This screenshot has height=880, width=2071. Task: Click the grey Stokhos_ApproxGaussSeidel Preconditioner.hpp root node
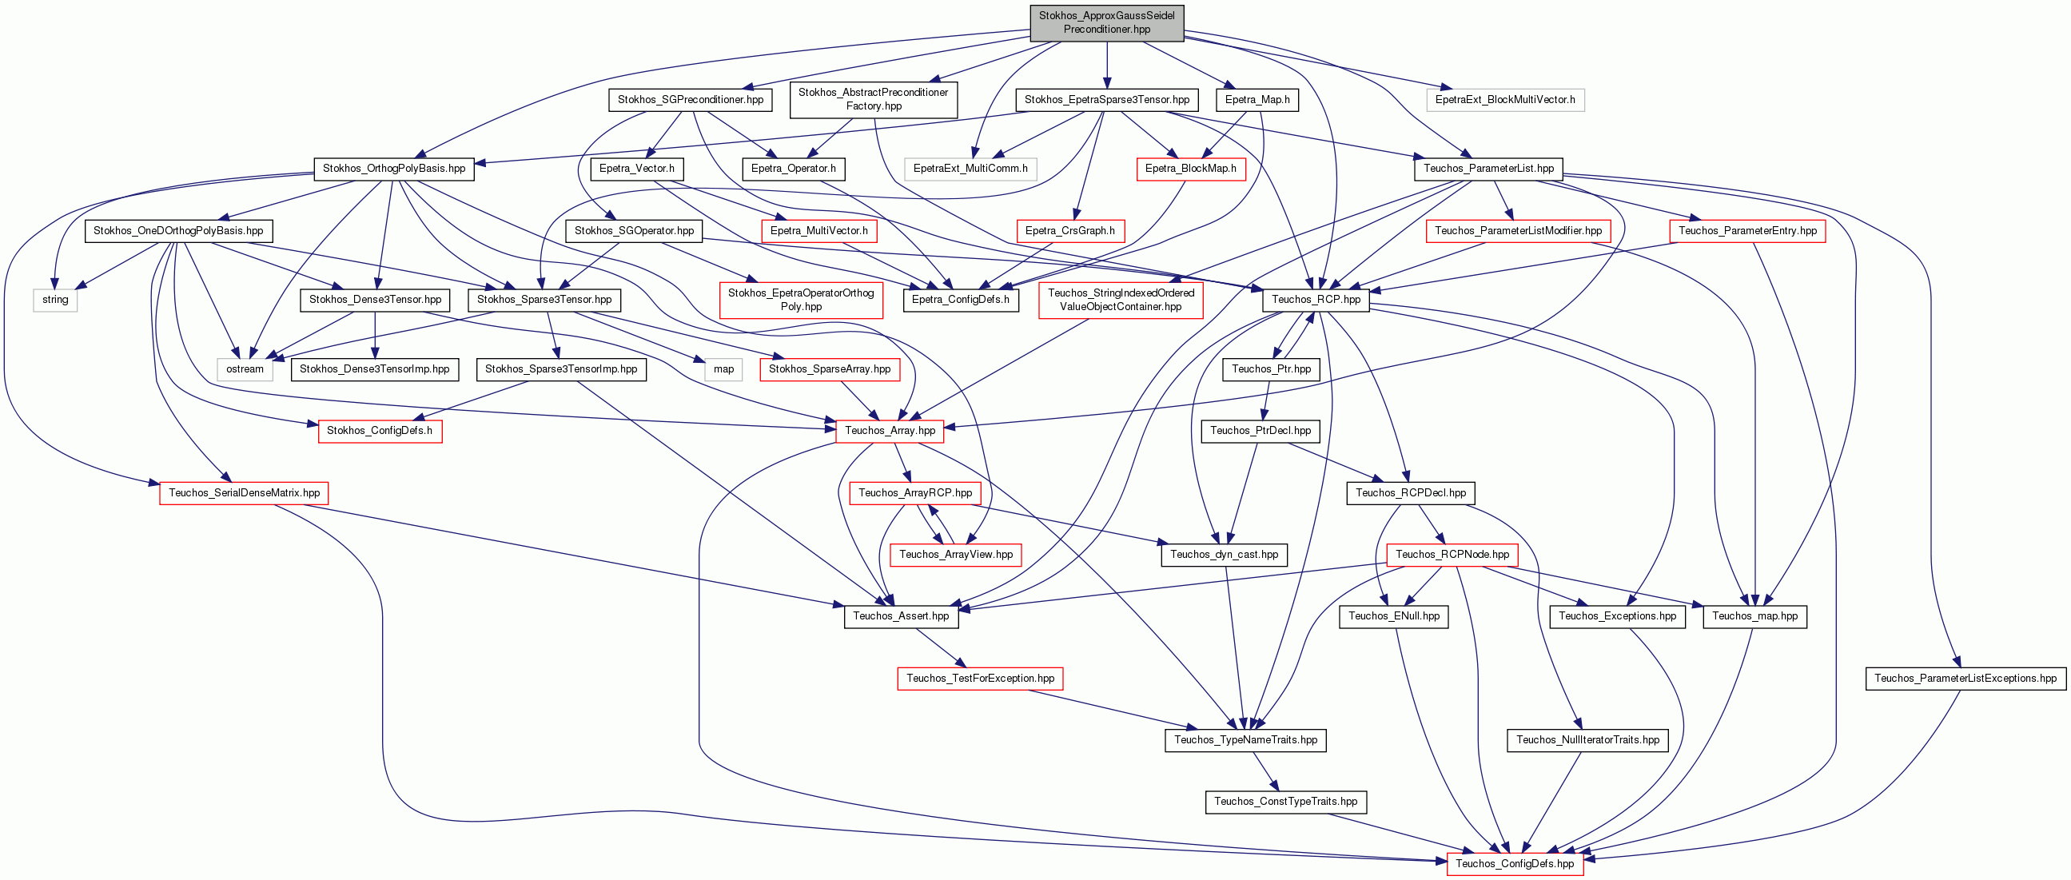point(1106,22)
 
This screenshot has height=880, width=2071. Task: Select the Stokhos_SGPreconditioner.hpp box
point(691,100)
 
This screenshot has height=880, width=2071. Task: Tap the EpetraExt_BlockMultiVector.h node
point(1505,100)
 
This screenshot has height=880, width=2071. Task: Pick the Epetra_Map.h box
point(1257,100)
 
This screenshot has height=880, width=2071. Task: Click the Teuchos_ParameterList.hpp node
point(1489,169)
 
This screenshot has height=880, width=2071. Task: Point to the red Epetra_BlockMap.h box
point(1191,169)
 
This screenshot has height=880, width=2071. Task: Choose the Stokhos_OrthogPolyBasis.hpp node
point(394,169)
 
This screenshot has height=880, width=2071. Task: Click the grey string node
point(55,300)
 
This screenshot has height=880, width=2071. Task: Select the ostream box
point(245,369)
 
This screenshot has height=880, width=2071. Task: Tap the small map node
point(723,369)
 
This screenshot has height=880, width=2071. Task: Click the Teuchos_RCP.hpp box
point(1316,300)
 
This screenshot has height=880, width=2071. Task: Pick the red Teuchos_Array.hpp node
point(890,431)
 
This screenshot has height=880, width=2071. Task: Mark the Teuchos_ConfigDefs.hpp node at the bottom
point(1515,864)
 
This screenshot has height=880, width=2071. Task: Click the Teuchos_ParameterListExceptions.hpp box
point(1965,679)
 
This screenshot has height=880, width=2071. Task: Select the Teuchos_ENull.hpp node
point(1394,616)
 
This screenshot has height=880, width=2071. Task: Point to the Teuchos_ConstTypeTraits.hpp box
point(1285,802)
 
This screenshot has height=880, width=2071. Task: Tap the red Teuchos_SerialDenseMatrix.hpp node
point(245,493)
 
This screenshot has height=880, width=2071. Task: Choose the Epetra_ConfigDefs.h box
point(961,300)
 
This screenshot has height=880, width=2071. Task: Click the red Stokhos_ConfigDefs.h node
point(380,431)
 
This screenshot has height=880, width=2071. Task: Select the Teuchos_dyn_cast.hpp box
point(1225,555)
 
